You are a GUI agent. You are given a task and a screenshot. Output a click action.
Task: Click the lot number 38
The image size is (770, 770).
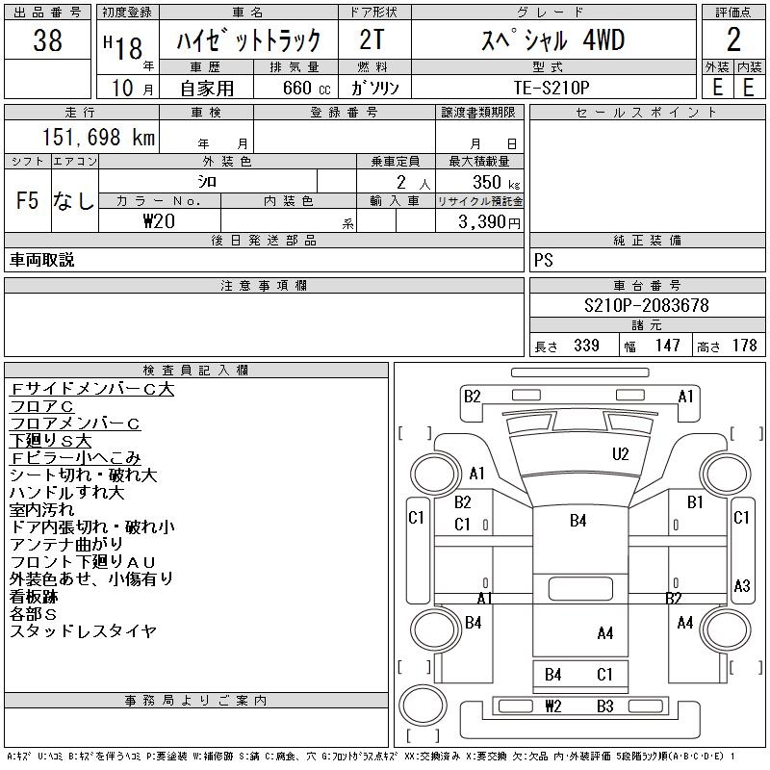click(x=47, y=41)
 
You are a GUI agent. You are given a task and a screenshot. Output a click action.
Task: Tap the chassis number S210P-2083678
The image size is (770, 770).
click(x=647, y=305)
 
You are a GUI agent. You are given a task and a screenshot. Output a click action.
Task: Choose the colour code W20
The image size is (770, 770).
click(x=160, y=220)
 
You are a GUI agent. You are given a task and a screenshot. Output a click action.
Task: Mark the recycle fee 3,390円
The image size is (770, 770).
click(x=489, y=221)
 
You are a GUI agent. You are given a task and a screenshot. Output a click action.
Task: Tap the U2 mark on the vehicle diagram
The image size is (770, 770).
click(x=621, y=453)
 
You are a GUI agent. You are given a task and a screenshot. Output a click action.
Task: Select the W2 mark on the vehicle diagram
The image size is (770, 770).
click(x=552, y=706)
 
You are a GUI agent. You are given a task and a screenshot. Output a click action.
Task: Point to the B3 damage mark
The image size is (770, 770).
click(x=604, y=706)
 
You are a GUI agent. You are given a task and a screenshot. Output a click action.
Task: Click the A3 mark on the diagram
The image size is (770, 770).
click(x=742, y=585)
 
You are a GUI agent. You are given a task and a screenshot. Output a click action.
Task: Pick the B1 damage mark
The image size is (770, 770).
click(x=696, y=502)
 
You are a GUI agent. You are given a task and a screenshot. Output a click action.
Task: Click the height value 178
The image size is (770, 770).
click(x=744, y=346)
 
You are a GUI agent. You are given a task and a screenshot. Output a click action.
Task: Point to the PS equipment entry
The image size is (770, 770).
click(x=543, y=260)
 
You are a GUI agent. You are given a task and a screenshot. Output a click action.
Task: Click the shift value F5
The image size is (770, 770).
click(x=27, y=201)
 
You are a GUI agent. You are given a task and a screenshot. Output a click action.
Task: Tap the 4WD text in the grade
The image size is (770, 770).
click(x=603, y=40)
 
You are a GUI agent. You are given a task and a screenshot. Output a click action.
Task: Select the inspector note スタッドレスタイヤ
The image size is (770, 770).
click(x=83, y=631)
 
